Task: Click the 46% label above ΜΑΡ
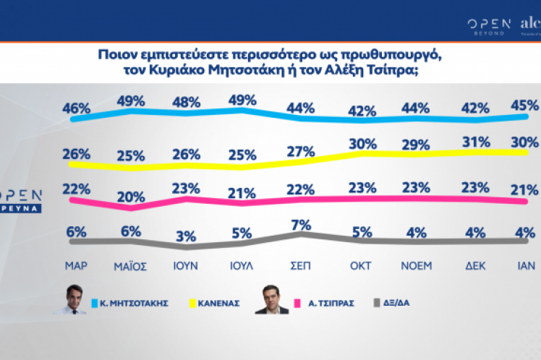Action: click(x=76, y=108)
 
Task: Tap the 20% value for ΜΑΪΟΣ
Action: click(x=130, y=197)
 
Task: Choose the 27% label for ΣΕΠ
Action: click(x=299, y=152)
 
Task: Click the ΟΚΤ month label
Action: click(x=362, y=265)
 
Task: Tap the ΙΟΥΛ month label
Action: click(x=242, y=265)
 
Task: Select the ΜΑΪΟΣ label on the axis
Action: click(x=131, y=265)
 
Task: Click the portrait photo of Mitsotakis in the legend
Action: click(x=71, y=299)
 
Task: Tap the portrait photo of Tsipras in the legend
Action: click(x=270, y=299)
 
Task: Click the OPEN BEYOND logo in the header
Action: click(x=489, y=27)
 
